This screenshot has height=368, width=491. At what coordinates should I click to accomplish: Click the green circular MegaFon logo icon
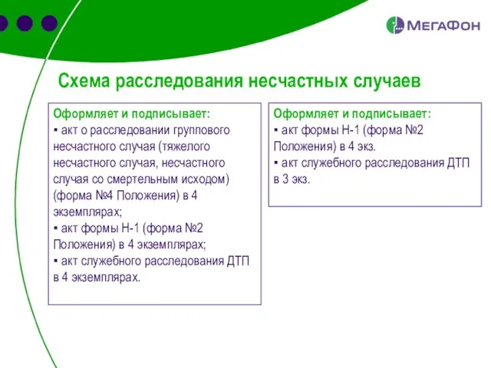coord(395,25)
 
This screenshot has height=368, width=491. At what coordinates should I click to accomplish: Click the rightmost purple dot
coord(50,23)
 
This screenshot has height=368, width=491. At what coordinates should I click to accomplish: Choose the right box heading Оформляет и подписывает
coord(352,113)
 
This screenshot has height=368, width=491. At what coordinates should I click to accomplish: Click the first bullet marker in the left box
coord(56,130)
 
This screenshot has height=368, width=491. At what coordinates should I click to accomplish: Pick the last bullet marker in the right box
coord(276,163)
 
